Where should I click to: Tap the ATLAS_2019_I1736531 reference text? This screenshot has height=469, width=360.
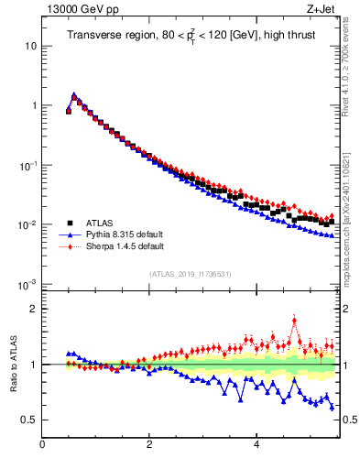(x=191, y=274)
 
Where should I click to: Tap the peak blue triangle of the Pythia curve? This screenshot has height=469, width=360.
(x=74, y=94)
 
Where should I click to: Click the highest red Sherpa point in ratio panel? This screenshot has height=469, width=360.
(x=294, y=319)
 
